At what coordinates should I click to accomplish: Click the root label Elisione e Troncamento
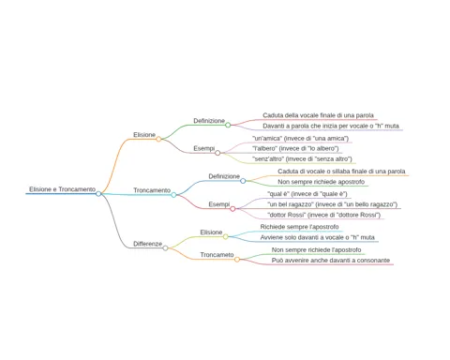[62, 189]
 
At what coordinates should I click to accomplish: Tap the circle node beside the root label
[98, 194]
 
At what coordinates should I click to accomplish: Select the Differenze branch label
[147, 244]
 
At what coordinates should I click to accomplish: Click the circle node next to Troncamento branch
[173, 195]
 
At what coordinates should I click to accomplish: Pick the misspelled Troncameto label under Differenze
[217, 255]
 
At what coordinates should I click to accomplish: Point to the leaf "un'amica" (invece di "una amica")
[300, 138]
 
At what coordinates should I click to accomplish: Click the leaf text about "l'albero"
[295, 148]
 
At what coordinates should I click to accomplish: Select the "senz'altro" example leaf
[302, 159]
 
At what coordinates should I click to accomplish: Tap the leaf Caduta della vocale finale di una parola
[318, 115]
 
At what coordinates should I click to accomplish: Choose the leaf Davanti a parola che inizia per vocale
[331, 126]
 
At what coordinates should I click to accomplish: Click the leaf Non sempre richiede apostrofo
[321, 182]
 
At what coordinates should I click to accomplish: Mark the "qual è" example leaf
[307, 194]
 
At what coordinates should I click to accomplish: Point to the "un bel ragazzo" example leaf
[332, 204]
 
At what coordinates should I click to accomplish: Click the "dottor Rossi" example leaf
[323, 215]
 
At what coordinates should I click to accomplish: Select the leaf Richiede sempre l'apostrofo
[299, 227]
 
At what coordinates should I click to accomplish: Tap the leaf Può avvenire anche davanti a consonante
[331, 261]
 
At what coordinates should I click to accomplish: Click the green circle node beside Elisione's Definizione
[228, 125]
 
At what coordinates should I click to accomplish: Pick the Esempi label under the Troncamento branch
[219, 204]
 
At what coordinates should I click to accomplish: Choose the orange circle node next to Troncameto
[237, 260]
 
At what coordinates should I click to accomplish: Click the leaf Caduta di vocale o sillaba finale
[341, 172]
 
